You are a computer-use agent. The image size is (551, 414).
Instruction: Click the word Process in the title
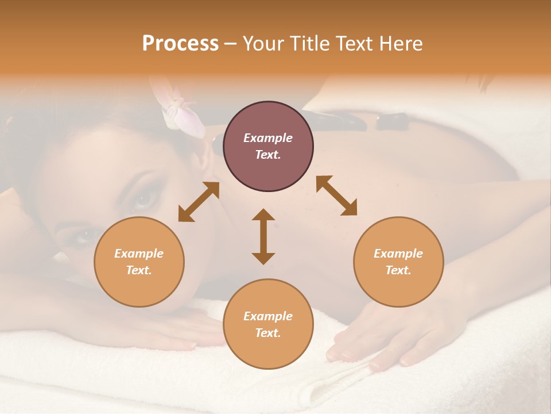tap(180, 44)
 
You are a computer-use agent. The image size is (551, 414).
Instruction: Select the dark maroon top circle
tap(268, 147)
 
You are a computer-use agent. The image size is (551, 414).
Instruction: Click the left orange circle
tap(139, 262)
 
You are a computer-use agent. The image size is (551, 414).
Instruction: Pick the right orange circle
tap(398, 262)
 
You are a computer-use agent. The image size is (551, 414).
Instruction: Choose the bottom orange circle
tap(268, 324)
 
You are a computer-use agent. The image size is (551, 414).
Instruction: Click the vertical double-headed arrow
tap(263, 236)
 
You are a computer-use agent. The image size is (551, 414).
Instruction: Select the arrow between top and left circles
tap(199, 201)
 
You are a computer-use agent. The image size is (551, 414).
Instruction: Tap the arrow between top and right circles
tap(336, 195)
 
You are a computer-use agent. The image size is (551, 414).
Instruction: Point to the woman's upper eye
tap(143, 198)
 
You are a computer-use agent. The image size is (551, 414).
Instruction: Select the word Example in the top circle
tap(268, 138)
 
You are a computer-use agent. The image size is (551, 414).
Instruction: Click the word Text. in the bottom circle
tap(268, 333)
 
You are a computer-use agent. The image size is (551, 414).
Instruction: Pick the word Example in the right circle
tap(398, 254)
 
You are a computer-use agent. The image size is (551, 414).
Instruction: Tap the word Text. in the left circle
tap(139, 270)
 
